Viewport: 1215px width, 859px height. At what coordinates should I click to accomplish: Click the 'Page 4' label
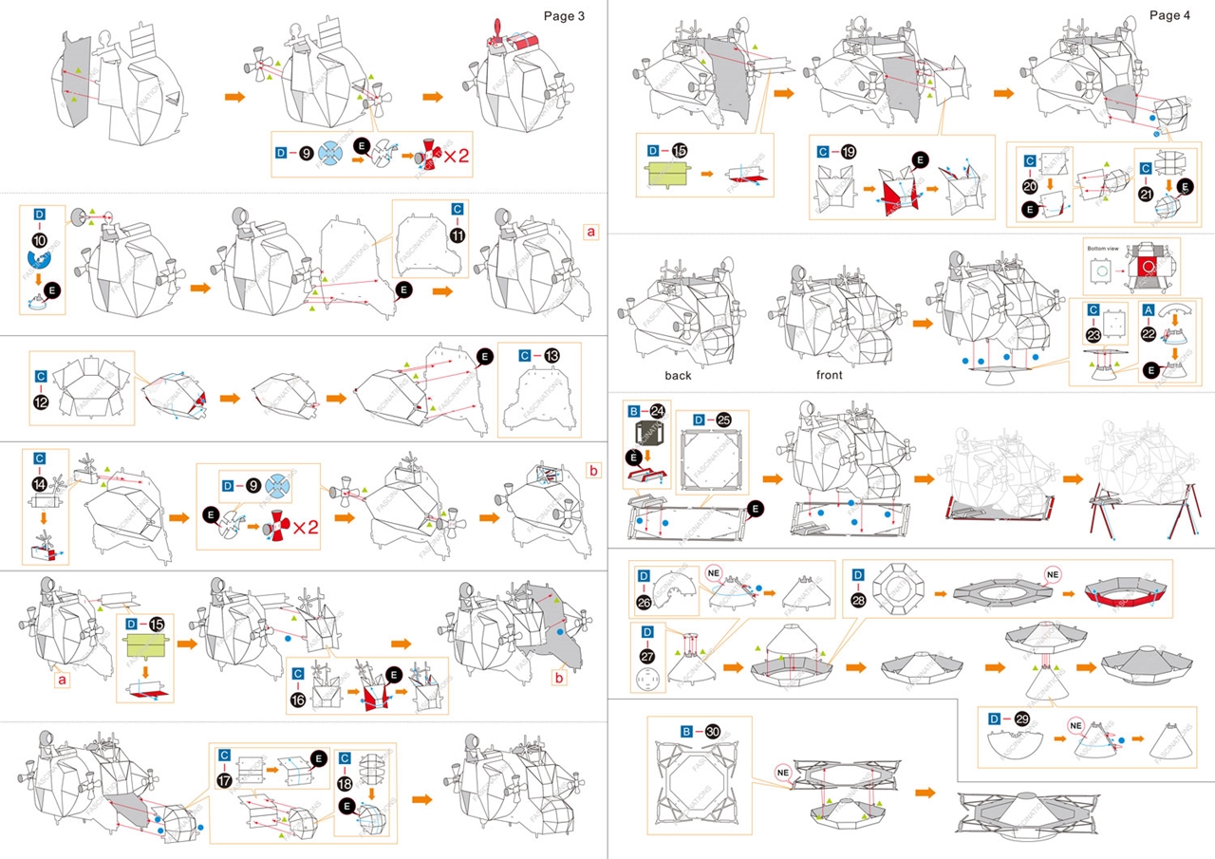[1169, 15]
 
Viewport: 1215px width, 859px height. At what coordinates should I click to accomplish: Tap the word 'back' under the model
[678, 376]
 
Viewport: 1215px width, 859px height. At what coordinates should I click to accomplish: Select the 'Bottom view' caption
[1104, 248]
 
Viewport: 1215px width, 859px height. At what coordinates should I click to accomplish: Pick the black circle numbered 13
[552, 356]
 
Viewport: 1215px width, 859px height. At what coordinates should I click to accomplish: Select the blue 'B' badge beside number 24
[633, 412]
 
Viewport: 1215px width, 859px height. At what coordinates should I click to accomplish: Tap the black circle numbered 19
[849, 151]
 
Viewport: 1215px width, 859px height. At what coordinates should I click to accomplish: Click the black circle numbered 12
[40, 401]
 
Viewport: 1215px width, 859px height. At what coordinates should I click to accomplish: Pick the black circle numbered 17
[225, 778]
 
